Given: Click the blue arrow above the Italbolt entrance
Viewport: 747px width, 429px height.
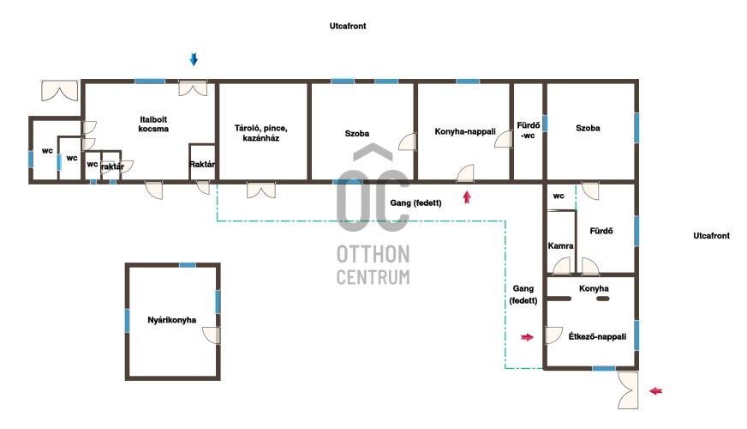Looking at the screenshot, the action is pos(194,59).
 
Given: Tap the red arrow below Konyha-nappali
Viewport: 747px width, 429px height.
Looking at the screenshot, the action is pos(467,197).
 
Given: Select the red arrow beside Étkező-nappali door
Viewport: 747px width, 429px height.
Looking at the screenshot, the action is pos(527,337).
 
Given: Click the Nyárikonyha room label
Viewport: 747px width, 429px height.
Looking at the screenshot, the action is pos(171,320).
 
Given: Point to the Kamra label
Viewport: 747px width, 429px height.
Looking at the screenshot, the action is pos(560,245).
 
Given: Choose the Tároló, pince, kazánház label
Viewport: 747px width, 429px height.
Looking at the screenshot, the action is pos(261,133).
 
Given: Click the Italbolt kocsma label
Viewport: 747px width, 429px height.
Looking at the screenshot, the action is pos(153,124).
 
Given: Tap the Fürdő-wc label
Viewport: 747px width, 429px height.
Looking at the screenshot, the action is pos(529,130).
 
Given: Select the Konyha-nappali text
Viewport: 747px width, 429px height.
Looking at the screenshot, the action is pos(465,131).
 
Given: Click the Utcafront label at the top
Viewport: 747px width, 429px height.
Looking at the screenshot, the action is pos(348,26).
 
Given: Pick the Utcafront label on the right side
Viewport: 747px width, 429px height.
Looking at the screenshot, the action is pos(711,235).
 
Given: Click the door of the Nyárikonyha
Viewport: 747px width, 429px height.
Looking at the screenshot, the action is pos(212,335).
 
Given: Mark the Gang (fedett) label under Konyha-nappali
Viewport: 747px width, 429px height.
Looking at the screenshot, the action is pos(415,202).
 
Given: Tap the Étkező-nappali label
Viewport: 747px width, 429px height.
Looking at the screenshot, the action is pos(597,336).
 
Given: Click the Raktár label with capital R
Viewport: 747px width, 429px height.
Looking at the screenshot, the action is pos(202,164).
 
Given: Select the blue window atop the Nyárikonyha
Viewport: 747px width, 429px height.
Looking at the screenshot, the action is pos(188,265).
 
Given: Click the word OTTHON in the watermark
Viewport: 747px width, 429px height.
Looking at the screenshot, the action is pos(373,254).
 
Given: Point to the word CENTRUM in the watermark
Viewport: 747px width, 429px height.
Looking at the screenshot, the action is pos(373,277).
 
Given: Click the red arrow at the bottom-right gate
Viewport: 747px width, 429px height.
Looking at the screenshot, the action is pos(656,391).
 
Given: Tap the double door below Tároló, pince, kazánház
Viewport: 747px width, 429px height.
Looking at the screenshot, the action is pos(261,190).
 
